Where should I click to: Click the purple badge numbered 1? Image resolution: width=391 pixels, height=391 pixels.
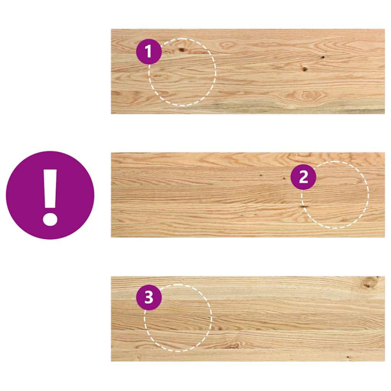click(149, 51)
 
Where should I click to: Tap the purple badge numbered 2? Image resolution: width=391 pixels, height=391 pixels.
click(304, 177)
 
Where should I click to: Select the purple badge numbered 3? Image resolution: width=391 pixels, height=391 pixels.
click(149, 297)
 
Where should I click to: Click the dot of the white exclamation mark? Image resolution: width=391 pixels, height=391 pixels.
click(50, 216)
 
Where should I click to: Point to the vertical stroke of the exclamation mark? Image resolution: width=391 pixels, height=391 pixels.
click(50, 188)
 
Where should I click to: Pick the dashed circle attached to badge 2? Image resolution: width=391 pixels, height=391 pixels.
click(337, 200)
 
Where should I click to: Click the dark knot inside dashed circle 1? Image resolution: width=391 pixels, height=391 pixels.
click(182, 49)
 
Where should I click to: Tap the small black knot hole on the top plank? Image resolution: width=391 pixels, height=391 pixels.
click(323, 58)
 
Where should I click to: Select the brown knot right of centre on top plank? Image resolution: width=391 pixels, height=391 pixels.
click(304, 68)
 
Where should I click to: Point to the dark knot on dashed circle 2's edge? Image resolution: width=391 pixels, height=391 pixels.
click(304, 207)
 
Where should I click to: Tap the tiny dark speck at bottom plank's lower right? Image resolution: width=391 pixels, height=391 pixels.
click(348, 357)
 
